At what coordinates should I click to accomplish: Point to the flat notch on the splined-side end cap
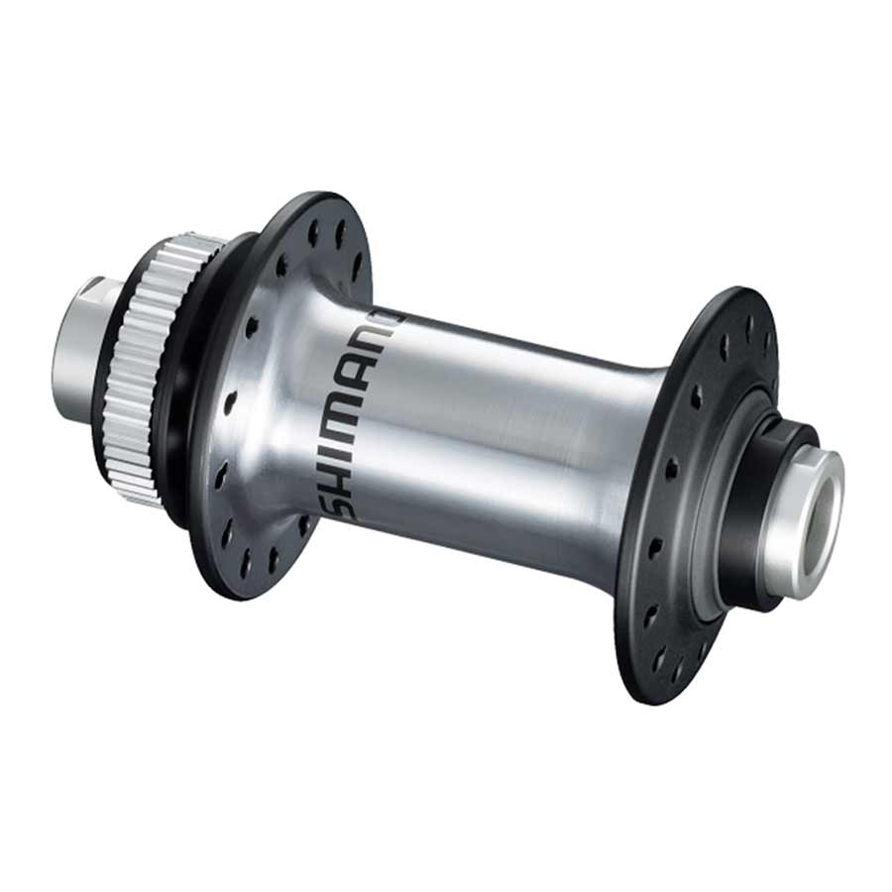click(89, 288)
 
